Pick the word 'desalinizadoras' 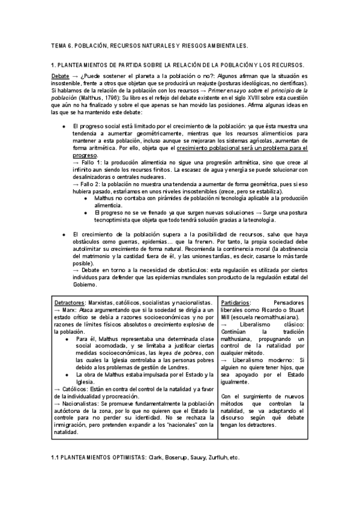coord(95,176)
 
